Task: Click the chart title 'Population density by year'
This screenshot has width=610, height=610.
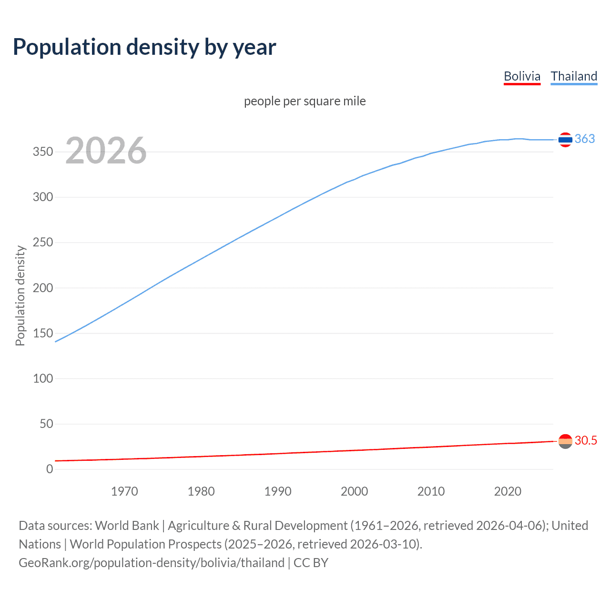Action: [144, 47]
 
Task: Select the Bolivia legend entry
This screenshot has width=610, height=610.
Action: [522, 76]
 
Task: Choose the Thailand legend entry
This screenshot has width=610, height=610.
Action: [574, 76]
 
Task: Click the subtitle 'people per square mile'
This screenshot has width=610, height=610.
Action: [305, 101]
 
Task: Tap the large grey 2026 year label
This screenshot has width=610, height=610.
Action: [106, 151]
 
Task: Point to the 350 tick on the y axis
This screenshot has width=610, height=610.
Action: [43, 152]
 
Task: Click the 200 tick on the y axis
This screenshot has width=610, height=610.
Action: [43, 288]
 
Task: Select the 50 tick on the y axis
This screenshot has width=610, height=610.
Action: [46, 424]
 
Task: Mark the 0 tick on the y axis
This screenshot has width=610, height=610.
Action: [50, 469]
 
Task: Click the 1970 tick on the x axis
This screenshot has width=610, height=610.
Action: [124, 491]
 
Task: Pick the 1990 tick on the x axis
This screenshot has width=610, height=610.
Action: [278, 491]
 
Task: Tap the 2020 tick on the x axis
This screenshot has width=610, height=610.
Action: [508, 491]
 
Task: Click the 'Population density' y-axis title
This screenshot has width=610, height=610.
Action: [20, 295]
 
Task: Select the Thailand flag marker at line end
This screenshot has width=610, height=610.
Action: [565, 140]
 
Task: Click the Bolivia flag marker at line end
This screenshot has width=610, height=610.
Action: [565, 441]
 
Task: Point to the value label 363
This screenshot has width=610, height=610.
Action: [585, 139]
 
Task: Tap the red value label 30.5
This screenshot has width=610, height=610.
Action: [586, 440]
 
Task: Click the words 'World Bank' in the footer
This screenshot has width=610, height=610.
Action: [127, 525]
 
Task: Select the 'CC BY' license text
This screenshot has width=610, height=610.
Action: [311, 562]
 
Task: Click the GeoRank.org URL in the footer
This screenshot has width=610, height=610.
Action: [152, 562]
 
